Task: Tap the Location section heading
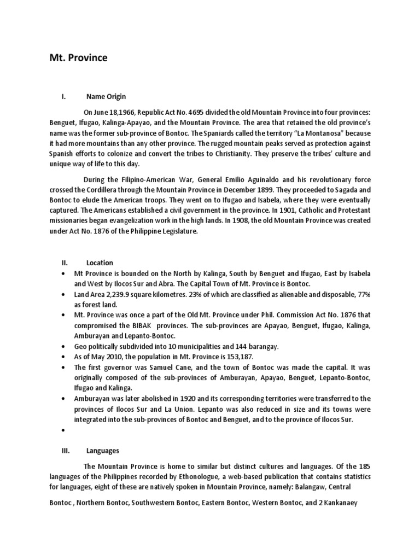tap(100, 262)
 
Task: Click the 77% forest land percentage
tap(362, 295)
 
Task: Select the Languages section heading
tap(103, 451)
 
